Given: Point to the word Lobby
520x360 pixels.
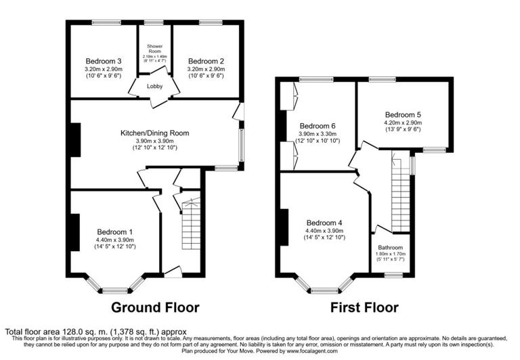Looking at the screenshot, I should (155, 87).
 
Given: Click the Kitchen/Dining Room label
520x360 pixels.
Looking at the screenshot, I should (154, 133).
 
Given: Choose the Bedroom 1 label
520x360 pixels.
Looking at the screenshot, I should (114, 232).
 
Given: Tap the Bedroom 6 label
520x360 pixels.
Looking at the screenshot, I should (318, 126).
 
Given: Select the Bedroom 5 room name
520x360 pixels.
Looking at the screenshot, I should (403, 114).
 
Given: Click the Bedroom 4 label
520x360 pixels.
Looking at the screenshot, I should (324, 223).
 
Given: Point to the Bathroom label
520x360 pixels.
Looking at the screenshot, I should (391, 248).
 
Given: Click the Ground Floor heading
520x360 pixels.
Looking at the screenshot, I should (155, 308).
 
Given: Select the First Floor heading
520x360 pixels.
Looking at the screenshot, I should (364, 308).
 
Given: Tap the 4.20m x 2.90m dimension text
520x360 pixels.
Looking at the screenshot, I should (403, 122).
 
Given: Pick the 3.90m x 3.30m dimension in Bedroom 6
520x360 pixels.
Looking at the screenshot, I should (318, 134).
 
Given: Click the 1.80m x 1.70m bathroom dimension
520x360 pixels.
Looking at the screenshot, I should (391, 254).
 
